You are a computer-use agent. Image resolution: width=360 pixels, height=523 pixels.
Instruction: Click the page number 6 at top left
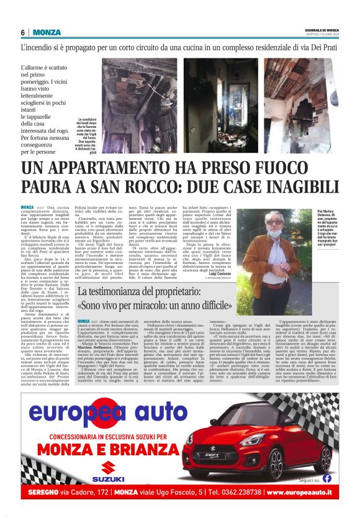[x=22, y=32]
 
